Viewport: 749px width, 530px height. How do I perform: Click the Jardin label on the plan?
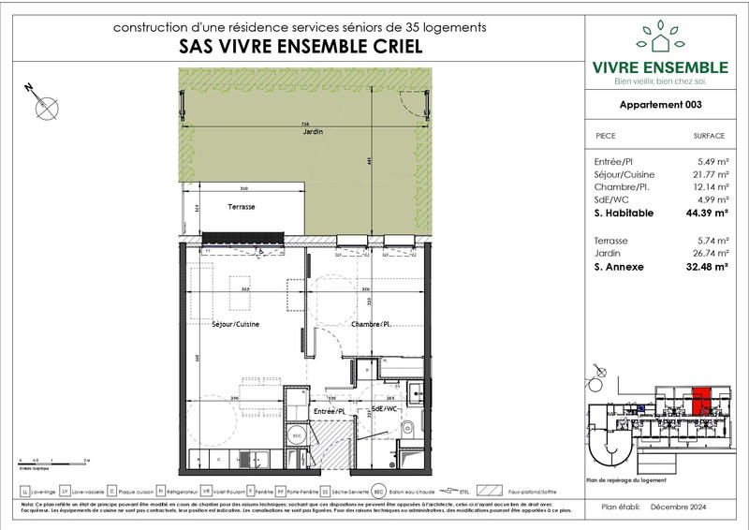[312, 133]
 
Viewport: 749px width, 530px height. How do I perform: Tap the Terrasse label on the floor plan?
[242, 207]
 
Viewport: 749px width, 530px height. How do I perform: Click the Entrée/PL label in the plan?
[330, 410]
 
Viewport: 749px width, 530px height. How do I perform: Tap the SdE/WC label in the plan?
[384, 410]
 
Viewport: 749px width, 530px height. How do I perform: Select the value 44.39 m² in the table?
[706, 213]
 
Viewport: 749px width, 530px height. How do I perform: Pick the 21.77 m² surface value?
[708, 174]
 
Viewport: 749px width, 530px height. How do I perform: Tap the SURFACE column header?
[709, 136]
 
